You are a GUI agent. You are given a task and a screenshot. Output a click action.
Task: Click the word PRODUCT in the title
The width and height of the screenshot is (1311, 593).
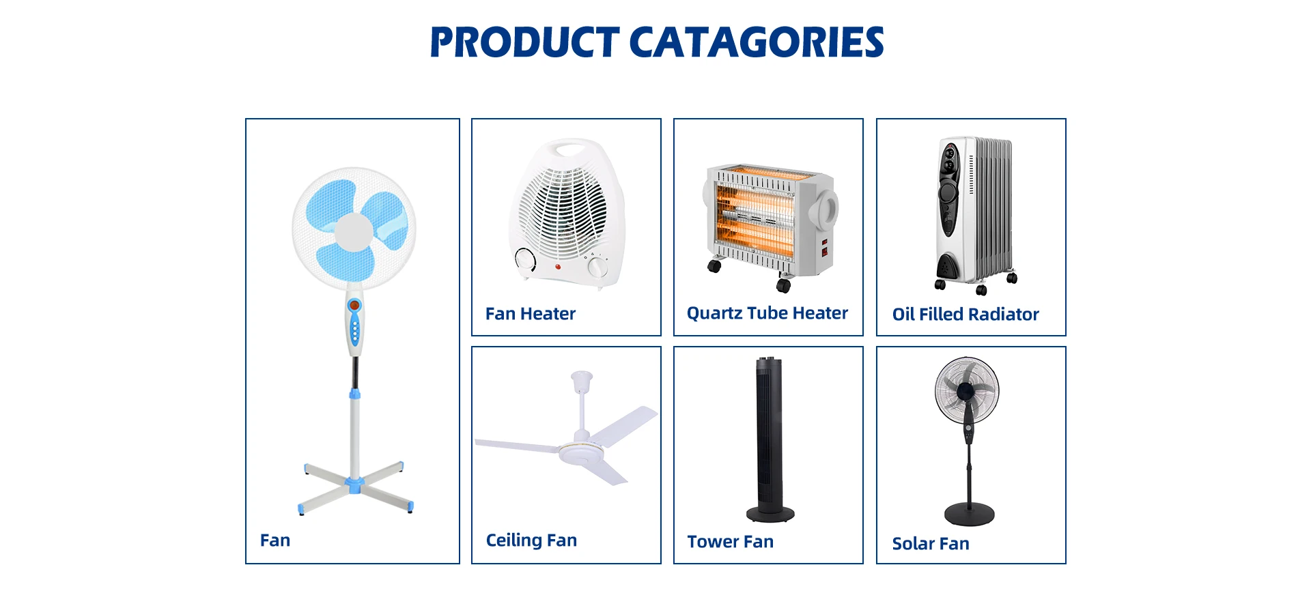[x=524, y=42]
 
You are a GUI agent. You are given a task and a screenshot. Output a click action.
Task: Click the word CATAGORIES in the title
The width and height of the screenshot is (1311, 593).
[x=757, y=42]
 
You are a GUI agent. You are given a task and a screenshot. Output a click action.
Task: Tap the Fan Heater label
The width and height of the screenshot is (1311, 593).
[x=531, y=314]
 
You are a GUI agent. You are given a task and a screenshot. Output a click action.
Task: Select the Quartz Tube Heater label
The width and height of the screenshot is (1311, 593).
[x=767, y=313]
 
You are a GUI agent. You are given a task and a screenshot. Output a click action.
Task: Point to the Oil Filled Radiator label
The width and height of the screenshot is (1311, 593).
[x=965, y=315]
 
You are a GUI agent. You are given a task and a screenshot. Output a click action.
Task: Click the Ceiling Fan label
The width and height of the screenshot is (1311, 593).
[x=531, y=540]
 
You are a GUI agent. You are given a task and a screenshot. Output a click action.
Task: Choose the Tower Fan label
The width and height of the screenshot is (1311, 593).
[x=730, y=542]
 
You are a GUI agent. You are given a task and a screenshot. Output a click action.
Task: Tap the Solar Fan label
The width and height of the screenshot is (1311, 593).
[x=931, y=544]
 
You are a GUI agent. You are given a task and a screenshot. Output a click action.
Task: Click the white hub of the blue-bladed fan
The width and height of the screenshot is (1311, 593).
[x=354, y=231]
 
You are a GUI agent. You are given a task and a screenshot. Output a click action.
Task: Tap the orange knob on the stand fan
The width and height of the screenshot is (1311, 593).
[x=354, y=305]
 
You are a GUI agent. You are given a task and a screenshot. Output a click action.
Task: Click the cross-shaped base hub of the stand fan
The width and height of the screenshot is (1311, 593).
[x=354, y=485]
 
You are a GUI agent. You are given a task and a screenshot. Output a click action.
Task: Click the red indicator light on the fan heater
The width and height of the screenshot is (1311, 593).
[x=558, y=266]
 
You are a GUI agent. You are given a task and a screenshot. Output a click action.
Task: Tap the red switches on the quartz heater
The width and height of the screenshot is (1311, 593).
[x=825, y=248]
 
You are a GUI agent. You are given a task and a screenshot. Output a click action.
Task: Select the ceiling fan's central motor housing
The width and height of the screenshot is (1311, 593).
[x=581, y=452]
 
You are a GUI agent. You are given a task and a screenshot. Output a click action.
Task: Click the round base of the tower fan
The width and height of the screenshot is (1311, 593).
[x=770, y=513]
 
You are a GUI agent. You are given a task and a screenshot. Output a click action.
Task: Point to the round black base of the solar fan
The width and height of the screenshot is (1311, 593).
[x=969, y=513]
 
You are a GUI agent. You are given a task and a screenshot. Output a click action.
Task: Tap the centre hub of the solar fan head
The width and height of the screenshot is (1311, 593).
[x=965, y=391]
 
